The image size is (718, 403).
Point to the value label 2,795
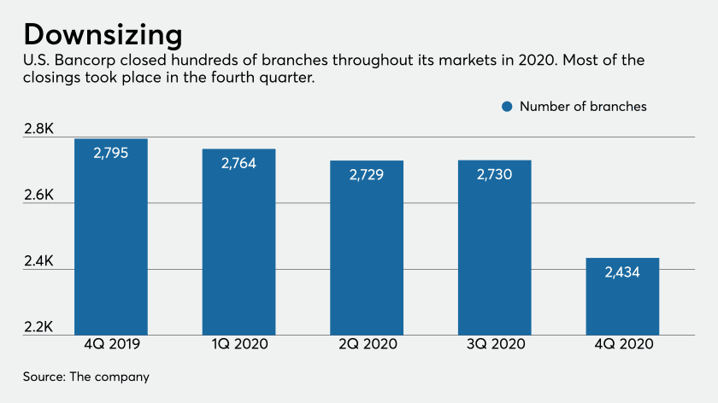tap(111, 154)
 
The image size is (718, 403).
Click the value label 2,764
tap(238, 164)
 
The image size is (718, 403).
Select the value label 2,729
tap(367, 175)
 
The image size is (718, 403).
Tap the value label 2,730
tap(495, 175)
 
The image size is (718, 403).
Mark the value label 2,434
tap(622, 273)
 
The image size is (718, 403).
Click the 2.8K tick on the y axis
tap(39, 129)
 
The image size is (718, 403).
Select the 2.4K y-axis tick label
tap(39, 261)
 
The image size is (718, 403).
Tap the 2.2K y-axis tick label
tap(39, 327)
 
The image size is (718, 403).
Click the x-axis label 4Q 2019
tap(111, 346)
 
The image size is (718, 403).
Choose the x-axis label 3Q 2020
tap(495, 346)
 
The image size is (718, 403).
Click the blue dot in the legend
tap(507, 107)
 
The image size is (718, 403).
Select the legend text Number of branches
tap(583, 107)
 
